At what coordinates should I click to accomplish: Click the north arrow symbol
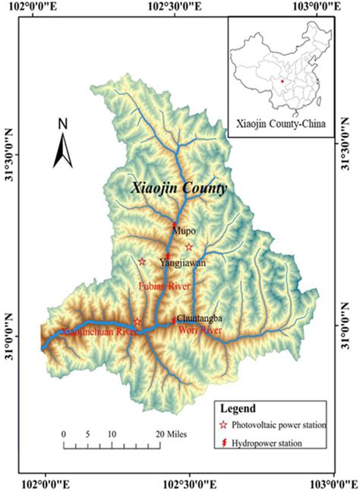tap(62, 149)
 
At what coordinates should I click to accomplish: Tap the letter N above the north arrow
tap(64, 124)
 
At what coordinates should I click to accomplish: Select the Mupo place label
tap(184, 230)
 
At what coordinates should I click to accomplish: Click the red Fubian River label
tap(163, 286)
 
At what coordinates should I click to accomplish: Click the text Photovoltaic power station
tap(282, 425)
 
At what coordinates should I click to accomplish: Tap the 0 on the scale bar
tap(65, 435)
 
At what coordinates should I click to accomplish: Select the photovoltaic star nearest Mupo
tap(189, 247)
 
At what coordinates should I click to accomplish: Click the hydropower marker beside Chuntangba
tap(174, 319)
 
